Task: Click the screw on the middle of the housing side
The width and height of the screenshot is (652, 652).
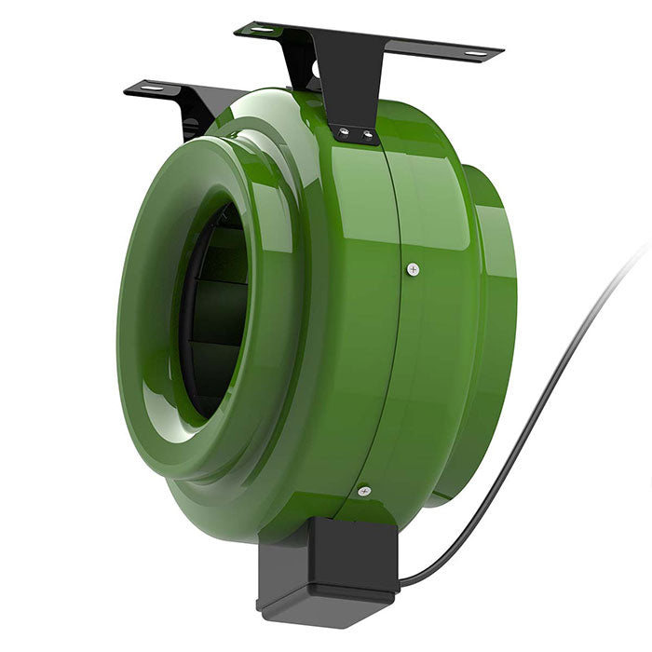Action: coord(414,269)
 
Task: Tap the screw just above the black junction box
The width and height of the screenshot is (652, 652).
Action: coord(364,491)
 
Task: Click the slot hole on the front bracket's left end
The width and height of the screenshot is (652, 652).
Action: coord(258,30)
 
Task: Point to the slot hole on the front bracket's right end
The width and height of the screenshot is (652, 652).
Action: coord(475,54)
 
